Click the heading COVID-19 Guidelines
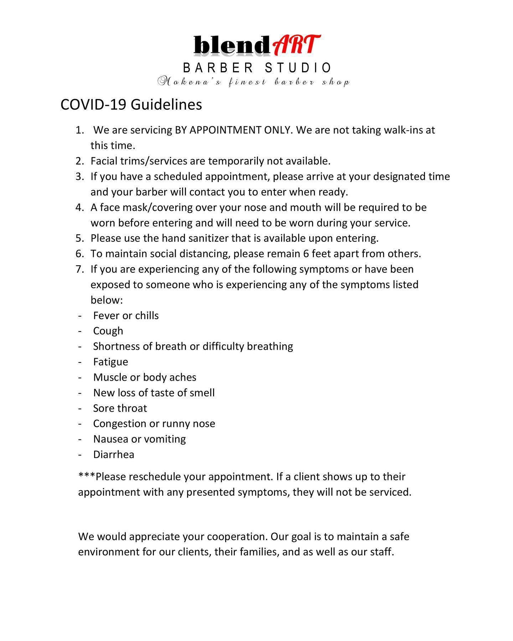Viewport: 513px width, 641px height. [131, 105]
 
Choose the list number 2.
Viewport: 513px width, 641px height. [79, 161]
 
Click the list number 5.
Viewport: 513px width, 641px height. [79, 238]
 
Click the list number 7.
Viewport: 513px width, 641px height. [79, 269]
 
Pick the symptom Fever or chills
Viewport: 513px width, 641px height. [126, 316]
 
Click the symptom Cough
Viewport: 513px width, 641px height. [108, 331]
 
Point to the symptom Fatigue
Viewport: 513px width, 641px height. [110, 362]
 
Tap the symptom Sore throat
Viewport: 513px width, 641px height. [120, 408]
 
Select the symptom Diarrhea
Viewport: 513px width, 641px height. [114, 454]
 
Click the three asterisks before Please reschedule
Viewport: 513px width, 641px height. [87, 476]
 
